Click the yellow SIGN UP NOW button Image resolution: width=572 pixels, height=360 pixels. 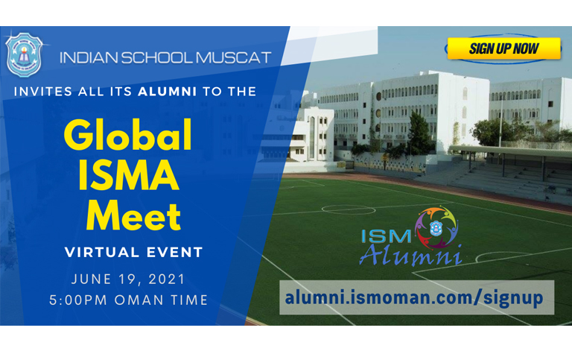(x=503, y=48)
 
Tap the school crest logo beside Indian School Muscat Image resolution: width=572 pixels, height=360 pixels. (x=24, y=54)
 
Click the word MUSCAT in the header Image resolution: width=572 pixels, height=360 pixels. (x=233, y=57)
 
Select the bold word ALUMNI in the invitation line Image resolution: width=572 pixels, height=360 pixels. (x=168, y=91)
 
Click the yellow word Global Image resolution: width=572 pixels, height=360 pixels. (x=128, y=134)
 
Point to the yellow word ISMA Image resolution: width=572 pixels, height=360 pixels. (x=129, y=176)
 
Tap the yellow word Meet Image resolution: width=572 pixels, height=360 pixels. (x=133, y=216)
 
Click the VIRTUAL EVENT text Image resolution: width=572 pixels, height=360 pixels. (x=133, y=252)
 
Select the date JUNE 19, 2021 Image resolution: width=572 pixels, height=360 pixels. (x=128, y=280)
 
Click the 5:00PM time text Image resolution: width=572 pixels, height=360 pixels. (x=78, y=300)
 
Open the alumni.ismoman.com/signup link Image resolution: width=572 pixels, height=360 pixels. (x=414, y=297)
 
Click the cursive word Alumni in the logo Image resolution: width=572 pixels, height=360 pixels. (x=411, y=254)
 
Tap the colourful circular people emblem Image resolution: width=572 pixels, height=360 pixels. (x=436, y=227)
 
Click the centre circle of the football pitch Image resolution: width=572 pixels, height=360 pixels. (x=349, y=209)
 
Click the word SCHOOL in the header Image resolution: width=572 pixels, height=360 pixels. (x=157, y=57)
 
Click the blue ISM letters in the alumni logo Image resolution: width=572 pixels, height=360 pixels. (x=386, y=236)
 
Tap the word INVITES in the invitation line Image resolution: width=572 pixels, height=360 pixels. (x=42, y=91)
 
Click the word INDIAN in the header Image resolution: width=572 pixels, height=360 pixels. (x=89, y=57)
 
